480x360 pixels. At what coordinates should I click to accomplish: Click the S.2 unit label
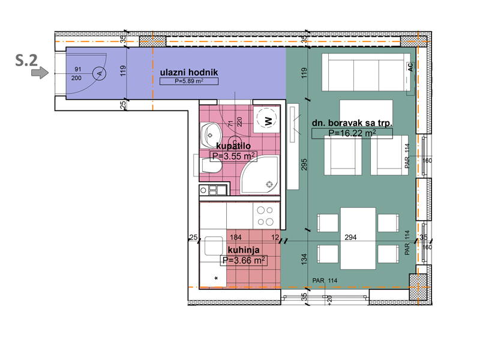click(x=26, y=61)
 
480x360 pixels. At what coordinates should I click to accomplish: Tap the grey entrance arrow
click(x=40, y=73)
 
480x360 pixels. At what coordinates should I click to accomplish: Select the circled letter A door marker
click(x=99, y=73)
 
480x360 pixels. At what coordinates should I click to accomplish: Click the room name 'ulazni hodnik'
click(x=189, y=72)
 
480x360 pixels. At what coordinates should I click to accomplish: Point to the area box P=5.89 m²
click(x=189, y=81)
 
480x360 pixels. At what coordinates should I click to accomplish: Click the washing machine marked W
click(x=266, y=119)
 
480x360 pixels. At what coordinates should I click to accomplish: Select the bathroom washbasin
click(x=211, y=134)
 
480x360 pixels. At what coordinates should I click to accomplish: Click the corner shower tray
click(x=260, y=175)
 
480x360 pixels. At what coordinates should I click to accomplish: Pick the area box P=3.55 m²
click(x=233, y=156)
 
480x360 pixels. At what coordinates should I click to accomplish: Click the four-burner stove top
click(x=265, y=216)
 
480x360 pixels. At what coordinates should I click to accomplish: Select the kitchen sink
click(x=214, y=246)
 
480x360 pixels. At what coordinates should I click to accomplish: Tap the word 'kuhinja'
click(x=244, y=250)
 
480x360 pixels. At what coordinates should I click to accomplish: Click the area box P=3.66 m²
click(x=244, y=260)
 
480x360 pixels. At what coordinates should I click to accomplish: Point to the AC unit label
click(x=410, y=67)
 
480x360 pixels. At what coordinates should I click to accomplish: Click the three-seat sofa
click(x=366, y=72)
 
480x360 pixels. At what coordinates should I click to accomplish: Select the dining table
click(x=358, y=238)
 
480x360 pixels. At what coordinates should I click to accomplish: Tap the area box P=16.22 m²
click(x=352, y=133)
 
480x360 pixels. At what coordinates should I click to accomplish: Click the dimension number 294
click(x=350, y=237)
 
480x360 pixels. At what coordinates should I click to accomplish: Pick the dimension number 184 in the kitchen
click(x=236, y=237)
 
